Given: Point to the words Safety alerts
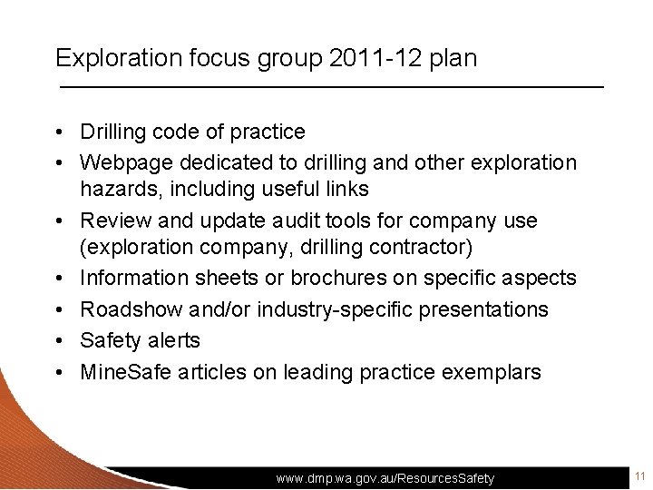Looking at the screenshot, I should [x=140, y=340].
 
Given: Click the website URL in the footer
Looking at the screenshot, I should [x=385, y=477].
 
